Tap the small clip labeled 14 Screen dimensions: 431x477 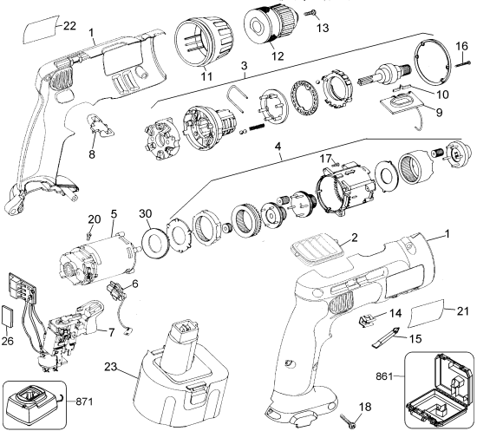pos(366,319)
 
